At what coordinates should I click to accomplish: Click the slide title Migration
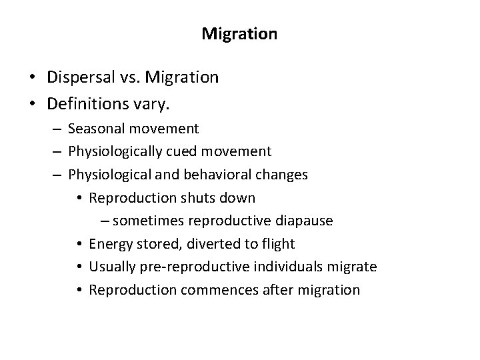pos(239,33)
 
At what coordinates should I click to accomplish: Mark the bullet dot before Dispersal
pos(31,78)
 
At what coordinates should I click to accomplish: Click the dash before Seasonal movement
pos(57,128)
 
